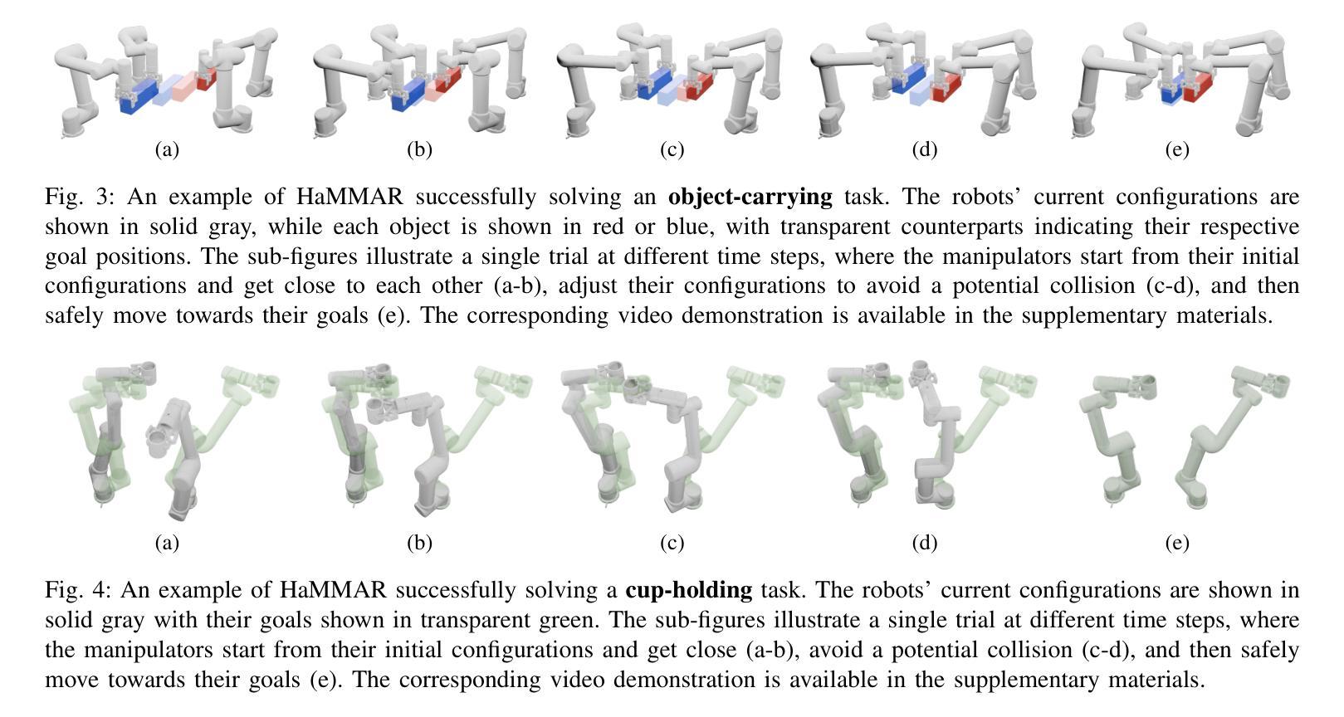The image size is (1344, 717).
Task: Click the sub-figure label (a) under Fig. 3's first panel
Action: [x=167, y=149]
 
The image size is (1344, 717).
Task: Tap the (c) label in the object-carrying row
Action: [x=672, y=149]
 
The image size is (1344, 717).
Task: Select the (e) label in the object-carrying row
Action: [x=1176, y=149]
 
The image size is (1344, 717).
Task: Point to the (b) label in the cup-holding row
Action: [x=419, y=543]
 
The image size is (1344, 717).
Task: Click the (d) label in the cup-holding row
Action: [x=924, y=543]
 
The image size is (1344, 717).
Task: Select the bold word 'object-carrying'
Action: [x=750, y=197]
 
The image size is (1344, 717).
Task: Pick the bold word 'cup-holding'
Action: [x=688, y=590]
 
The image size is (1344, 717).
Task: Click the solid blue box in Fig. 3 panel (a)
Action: [x=138, y=96]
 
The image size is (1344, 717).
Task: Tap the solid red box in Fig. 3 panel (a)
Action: [x=207, y=80]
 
